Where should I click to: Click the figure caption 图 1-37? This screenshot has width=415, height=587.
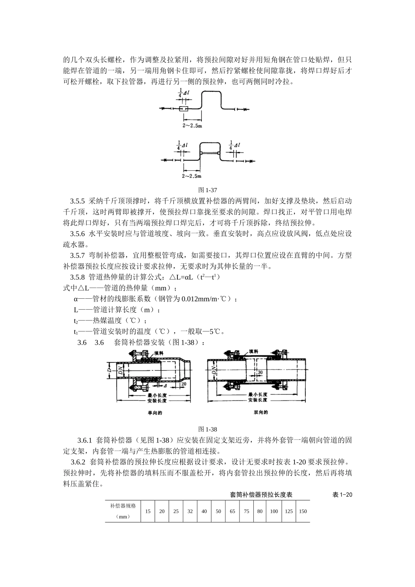coord(207,190)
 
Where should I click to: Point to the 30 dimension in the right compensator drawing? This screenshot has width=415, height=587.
coord(260,372)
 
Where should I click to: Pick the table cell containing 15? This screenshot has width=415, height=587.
coord(148,511)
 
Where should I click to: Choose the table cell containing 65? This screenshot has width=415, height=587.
coord(232,511)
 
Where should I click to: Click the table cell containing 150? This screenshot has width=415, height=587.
coord(303,511)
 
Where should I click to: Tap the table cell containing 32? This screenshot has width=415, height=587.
coord(190,511)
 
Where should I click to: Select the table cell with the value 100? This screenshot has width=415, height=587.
coord(274,511)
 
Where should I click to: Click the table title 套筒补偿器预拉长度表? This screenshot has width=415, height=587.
coord(261,495)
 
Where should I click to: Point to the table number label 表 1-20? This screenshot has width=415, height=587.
coord(342,495)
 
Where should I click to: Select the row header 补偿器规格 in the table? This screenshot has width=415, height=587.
coord(123,506)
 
